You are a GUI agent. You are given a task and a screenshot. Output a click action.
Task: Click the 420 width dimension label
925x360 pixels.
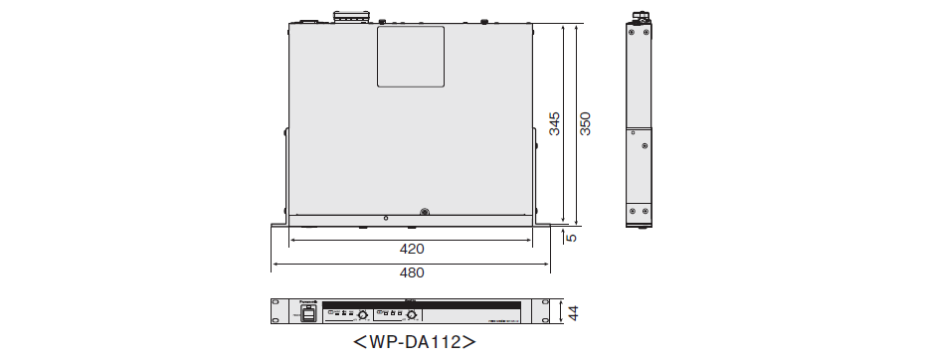(412, 249)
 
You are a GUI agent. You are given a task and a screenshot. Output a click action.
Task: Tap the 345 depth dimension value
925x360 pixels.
(555, 123)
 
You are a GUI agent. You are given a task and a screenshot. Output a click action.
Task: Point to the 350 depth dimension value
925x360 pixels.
(586, 123)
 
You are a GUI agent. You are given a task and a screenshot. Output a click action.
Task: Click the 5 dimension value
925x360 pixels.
(571, 237)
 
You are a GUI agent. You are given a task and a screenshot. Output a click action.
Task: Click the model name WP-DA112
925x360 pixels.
(414, 342)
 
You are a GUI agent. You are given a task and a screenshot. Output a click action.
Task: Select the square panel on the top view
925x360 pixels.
(410, 56)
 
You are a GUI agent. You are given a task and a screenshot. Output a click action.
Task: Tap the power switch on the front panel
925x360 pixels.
(308, 314)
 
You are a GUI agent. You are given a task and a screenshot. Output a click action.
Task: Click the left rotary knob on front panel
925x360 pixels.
(363, 314)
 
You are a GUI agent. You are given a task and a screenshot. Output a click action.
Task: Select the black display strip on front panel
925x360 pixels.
(422, 304)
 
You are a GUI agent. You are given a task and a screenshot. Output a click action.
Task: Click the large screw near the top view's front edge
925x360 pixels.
(425, 212)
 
